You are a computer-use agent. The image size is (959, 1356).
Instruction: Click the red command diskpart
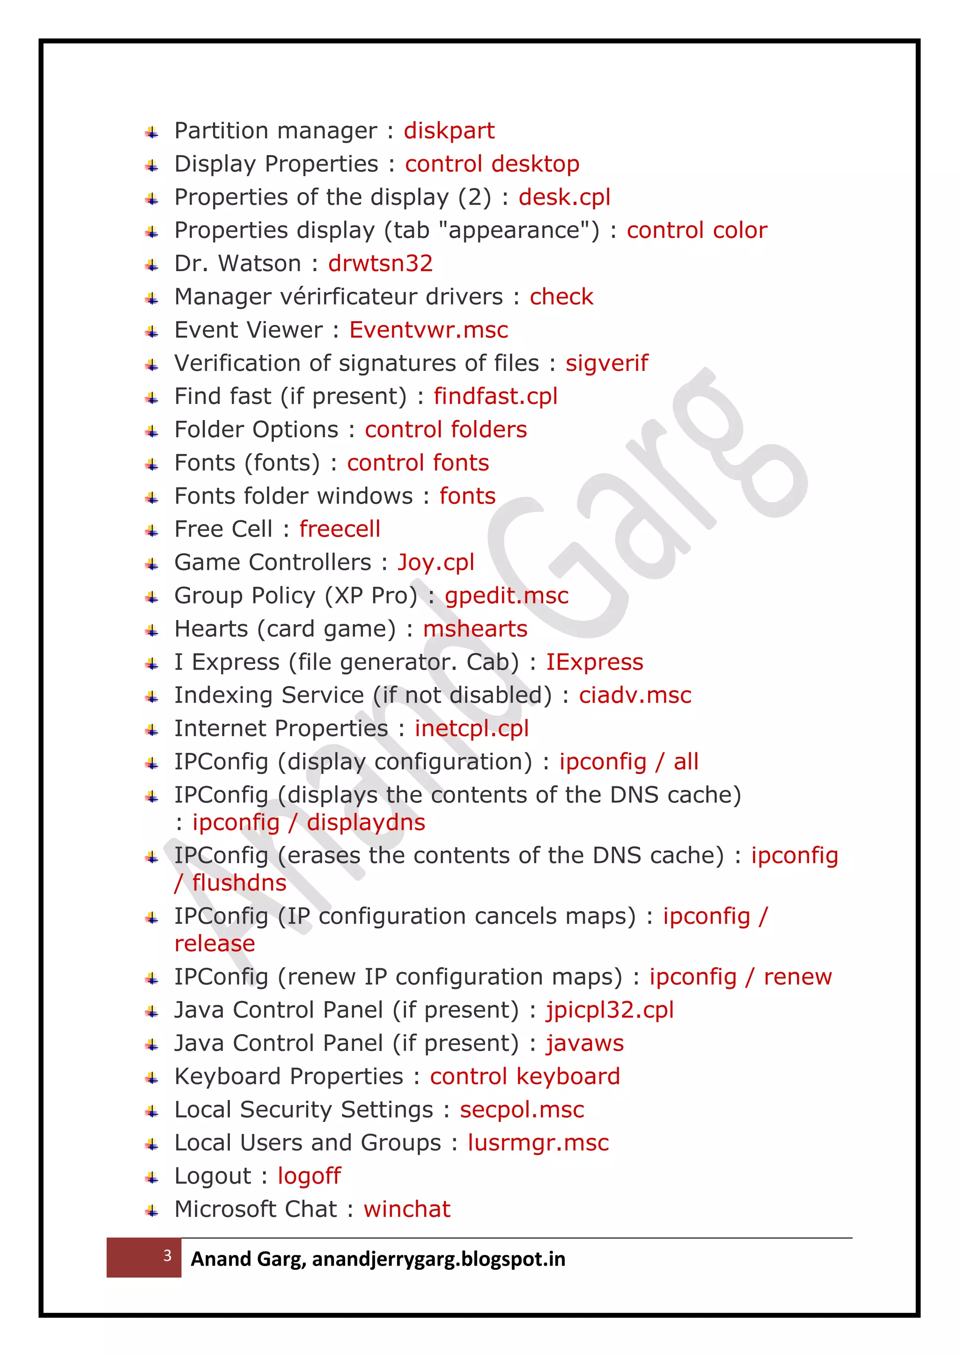pyautogui.click(x=449, y=131)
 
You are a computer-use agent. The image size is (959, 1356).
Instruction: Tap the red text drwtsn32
pyautogui.click(x=380, y=264)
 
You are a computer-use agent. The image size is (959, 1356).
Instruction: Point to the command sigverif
pyautogui.click(x=606, y=363)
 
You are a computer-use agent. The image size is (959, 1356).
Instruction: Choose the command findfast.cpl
pyautogui.click(x=495, y=396)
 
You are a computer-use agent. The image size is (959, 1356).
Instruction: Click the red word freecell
pyautogui.click(x=339, y=529)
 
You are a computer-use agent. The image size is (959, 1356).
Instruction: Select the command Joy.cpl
pyautogui.click(x=436, y=562)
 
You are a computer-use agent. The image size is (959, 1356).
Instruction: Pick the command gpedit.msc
pyautogui.click(x=506, y=595)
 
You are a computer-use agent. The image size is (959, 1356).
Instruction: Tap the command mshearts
pyautogui.click(x=475, y=629)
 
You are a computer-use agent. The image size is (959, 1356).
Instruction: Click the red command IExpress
pyautogui.click(x=594, y=662)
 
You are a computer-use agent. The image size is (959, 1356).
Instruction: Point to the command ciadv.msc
pyautogui.click(x=635, y=695)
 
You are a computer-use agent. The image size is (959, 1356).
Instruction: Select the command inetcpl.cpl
pyautogui.click(x=471, y=728)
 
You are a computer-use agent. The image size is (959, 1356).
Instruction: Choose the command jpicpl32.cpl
pyautogui.click(x=609, y=1010)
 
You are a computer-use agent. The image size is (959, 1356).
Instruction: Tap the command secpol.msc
pyautogui.click(x=522, y=1110)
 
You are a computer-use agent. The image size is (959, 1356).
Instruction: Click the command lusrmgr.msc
pyautogui.click(x=538, y=1143)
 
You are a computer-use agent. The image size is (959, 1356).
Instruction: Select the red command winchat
pyautogui.click(x=407, y=1209)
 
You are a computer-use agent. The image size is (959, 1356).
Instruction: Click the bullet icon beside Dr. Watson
pyautogui.click(x=152, y=265)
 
